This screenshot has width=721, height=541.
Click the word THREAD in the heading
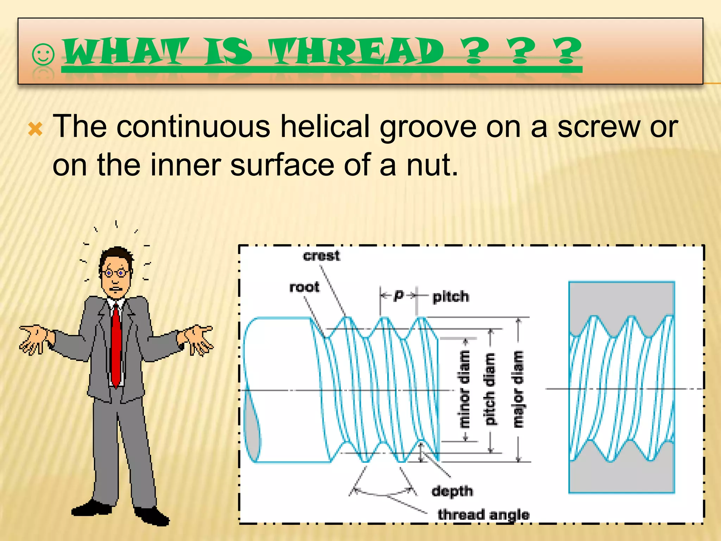(356, 52)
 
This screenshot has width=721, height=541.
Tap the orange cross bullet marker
(36, 129)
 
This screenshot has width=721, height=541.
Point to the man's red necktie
(116, 345)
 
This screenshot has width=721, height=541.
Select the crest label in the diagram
(321, 256)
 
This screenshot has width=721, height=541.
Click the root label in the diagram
(304, 287)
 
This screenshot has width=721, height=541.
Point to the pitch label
(451, 297)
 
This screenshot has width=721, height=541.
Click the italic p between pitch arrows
(398, 295)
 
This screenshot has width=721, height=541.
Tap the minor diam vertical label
(465, 389)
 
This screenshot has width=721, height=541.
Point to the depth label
(452, 491)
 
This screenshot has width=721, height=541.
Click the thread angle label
(483, 515)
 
